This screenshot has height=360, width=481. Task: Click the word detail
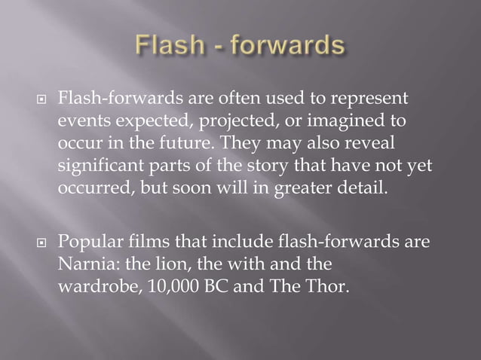366,187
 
